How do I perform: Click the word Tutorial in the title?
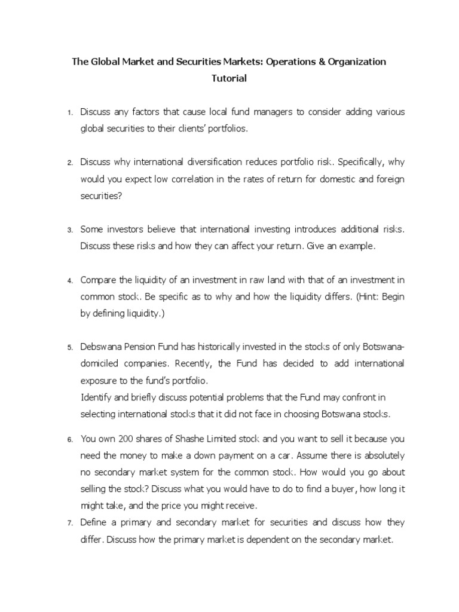[229, 78]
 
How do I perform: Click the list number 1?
[69, 113]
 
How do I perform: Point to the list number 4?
[69, 280]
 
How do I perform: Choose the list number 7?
[69, 524]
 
